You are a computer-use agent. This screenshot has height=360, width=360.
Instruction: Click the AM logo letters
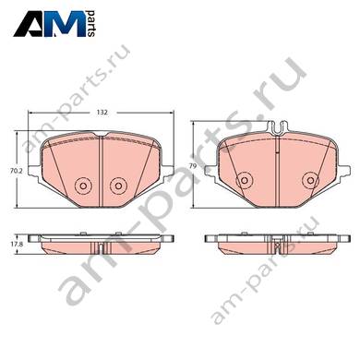point(50,24)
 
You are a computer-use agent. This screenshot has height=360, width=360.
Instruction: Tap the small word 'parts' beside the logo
point(91,23)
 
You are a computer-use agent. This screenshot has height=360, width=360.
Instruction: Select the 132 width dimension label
point(102,113)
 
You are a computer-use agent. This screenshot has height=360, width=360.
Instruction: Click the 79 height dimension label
point(193,166)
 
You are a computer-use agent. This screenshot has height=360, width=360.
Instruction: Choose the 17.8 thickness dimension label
point(10,245)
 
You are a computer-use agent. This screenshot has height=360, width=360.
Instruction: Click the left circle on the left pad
point(83,186)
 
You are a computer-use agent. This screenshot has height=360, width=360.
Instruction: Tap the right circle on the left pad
point(118,186)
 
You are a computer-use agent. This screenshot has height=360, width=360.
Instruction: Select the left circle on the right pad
point(245,180)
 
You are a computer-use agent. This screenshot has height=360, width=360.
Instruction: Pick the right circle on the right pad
point(310,180)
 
